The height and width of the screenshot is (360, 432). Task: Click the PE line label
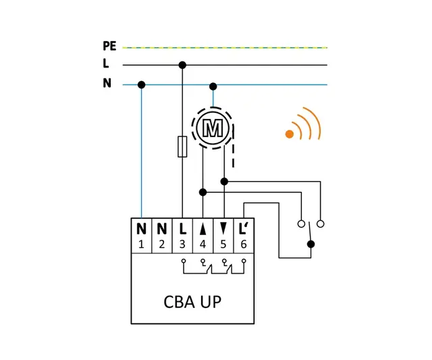pyautogui.click(x=109, y=47)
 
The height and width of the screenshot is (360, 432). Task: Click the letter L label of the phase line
pyautogui.click(x=106, y=65)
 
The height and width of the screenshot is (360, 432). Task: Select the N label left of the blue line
pyautogui.click(x=107, y=84)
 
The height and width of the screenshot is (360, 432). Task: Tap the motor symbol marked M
pyautogui.click(x=213, y=127)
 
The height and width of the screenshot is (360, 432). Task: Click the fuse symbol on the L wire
pyautogui.click(x=182, y=147)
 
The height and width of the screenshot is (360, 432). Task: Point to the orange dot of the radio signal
pyautogui.click(x=289, y=134)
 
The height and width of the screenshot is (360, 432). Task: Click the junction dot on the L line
pyautogui.click(x=182, y=65)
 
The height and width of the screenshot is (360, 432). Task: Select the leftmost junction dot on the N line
pyautogui.click(x=141, y=84)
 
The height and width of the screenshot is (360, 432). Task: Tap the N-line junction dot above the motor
pyautogui.click(x=213, y=86)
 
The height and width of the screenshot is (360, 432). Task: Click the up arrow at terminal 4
pyautogui.click(x=202, y=230)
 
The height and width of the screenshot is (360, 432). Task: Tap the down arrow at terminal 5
pyautogui.click(x=223, y=230)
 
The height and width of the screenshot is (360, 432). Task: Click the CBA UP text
pyautogui.click(x=192, y=301)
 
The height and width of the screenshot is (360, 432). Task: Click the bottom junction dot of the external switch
pyautogui.click(x=310, y=244)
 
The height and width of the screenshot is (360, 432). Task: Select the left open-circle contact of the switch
pyautogui.click(x=300, y=223)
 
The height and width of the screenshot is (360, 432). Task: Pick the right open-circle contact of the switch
pyautogui.click(x=321, y=223)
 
